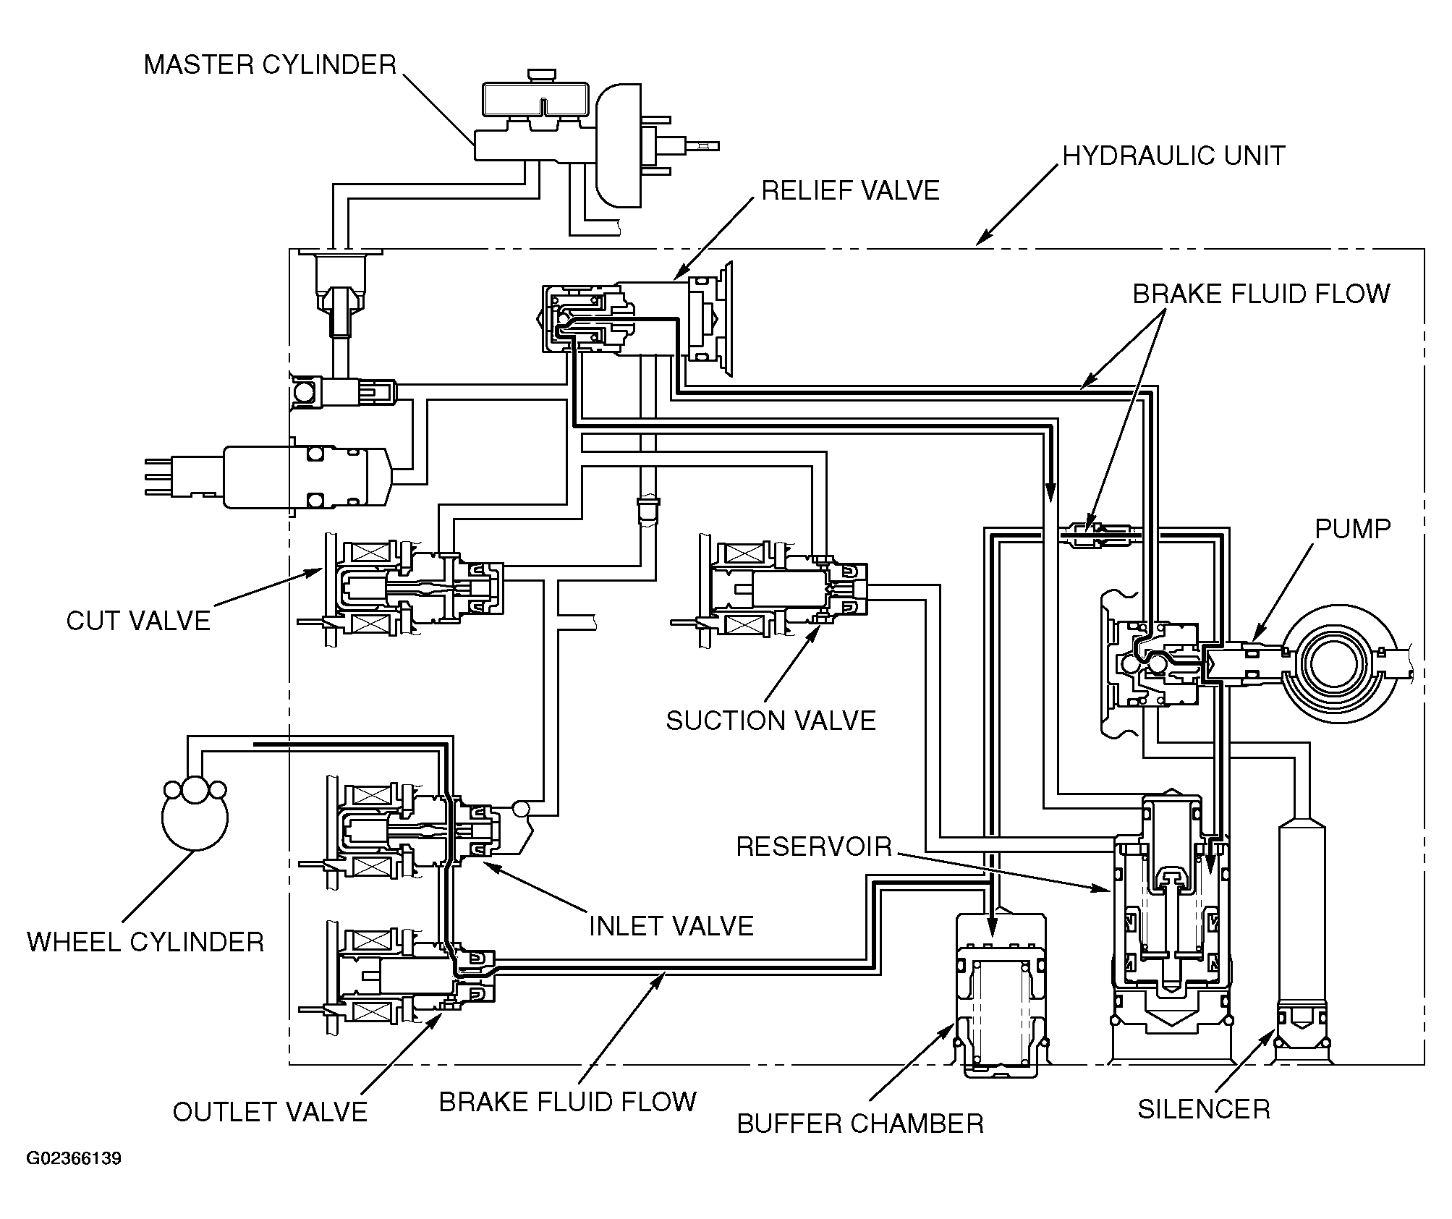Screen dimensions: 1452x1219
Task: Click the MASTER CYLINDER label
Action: coord(271,65)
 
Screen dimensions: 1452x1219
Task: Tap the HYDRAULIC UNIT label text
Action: coord(1173,156)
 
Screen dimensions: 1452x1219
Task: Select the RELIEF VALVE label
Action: coord(851,190)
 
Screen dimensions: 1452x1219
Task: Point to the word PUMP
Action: coord(1353,529)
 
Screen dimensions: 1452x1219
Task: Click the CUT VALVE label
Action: coord(138,621)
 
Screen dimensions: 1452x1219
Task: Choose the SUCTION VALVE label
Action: coord(771,721)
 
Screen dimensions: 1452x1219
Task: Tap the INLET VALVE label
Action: coord(671,926)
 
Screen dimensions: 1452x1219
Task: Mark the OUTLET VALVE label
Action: coord(271,1112)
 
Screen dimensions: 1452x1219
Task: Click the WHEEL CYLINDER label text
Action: coord(145,942)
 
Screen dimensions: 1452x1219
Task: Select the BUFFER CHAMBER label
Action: coord(860,1124)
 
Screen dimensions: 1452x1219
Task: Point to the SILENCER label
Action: coord(1204,1109)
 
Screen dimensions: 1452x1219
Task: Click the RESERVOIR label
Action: coord(814,846)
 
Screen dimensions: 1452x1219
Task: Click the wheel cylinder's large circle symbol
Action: coord(195,817)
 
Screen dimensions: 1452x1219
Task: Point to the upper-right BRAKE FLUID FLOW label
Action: coord(1261,294)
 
